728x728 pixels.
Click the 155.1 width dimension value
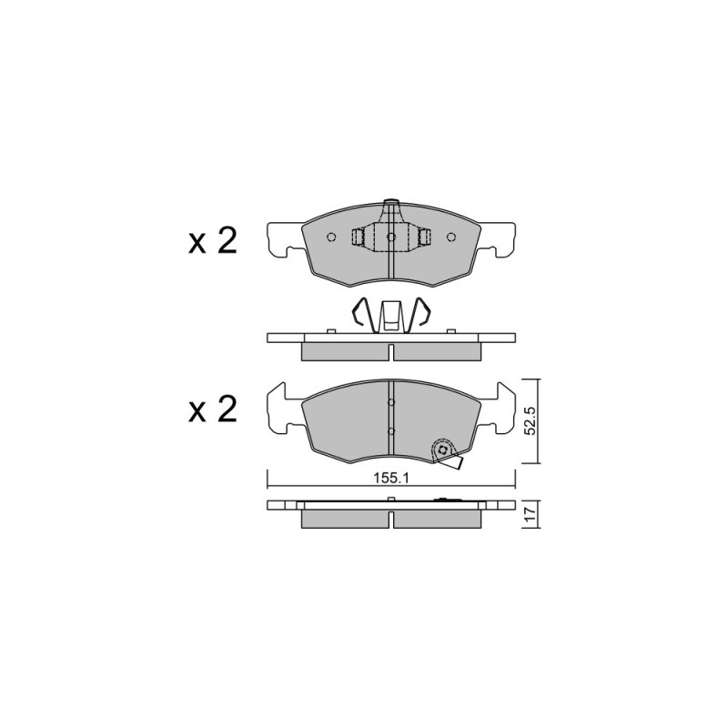[391, 479]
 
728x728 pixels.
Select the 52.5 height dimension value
[531, 420]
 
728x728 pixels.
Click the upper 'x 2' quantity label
[212, 242]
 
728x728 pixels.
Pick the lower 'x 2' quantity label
[212, 409]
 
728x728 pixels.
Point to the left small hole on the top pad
[331, 238]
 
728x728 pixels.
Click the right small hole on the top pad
[450, 238]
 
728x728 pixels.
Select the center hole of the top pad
[391, 238]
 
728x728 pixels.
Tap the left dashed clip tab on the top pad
[358, 238]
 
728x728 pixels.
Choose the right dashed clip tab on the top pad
[424, 238]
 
